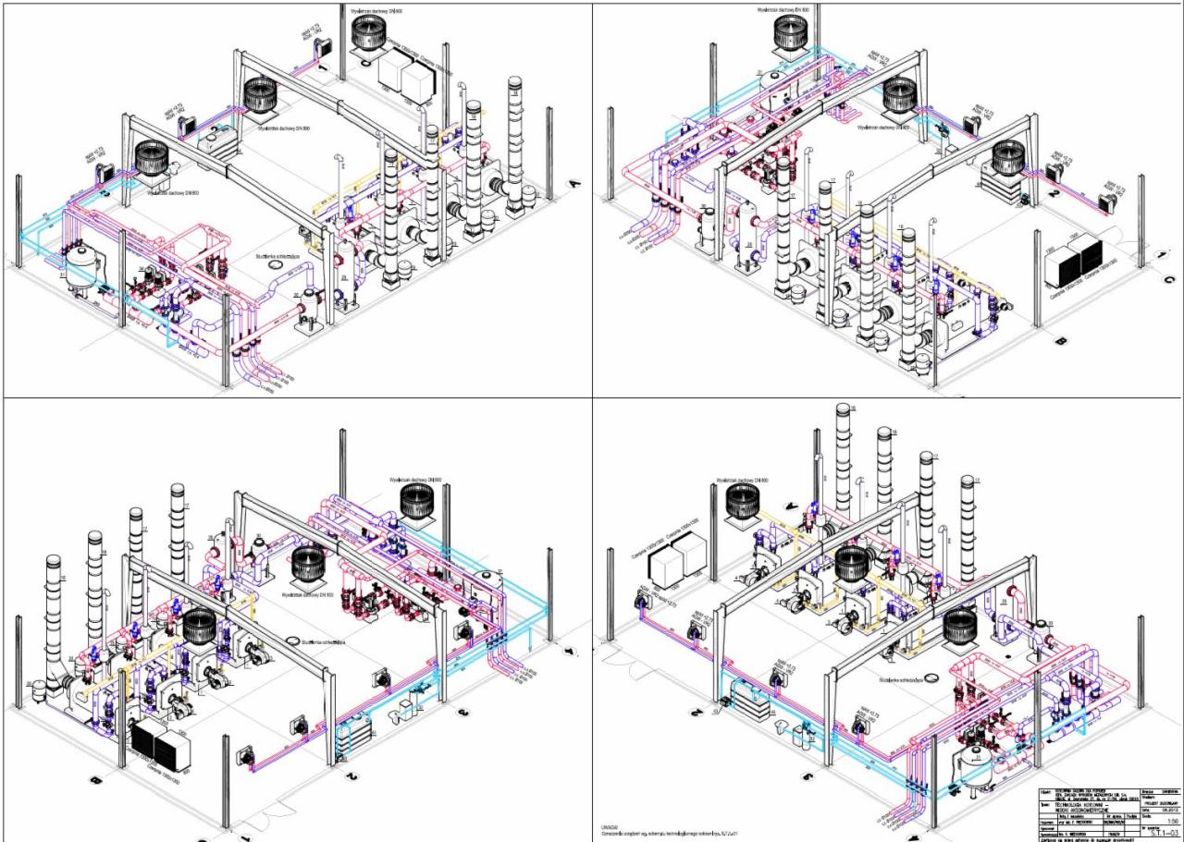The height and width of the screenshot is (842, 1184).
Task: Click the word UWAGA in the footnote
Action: click(609, 824)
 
